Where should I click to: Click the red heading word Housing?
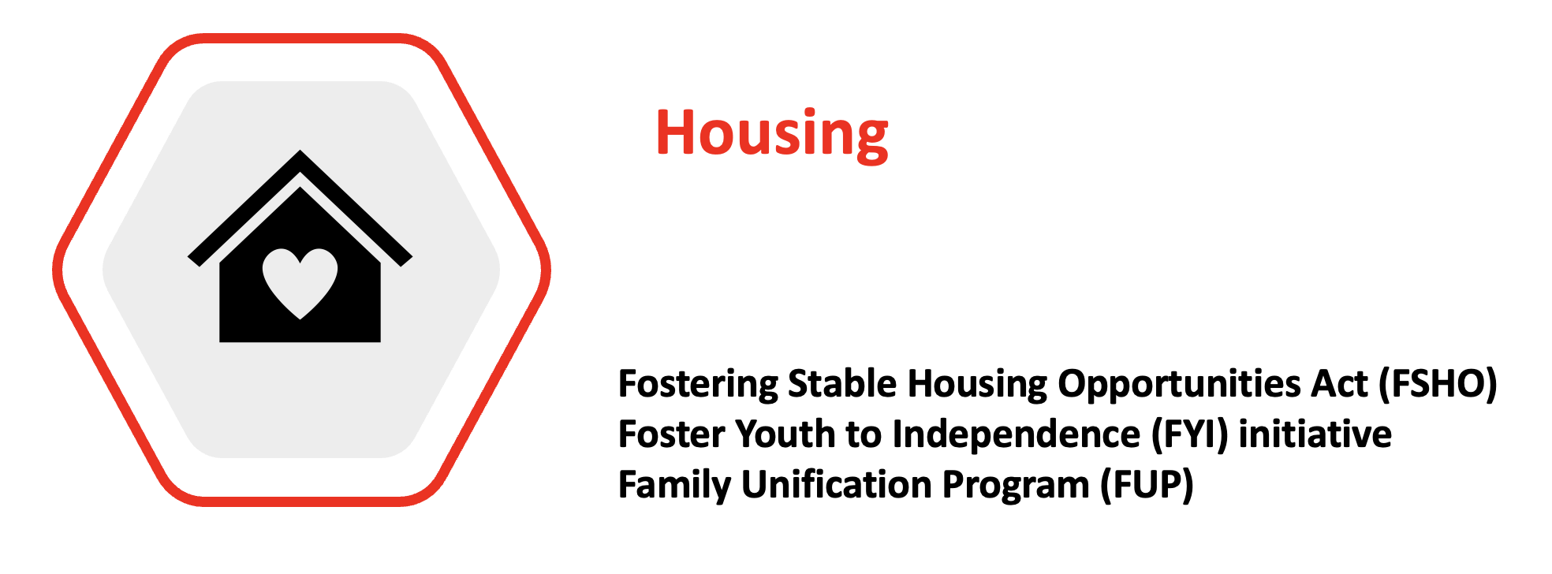point(772,134)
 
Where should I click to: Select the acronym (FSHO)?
point(1437,385)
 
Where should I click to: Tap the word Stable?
point(842,384)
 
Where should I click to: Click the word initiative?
point(1315,434)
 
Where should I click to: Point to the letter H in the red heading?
point(676,132)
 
